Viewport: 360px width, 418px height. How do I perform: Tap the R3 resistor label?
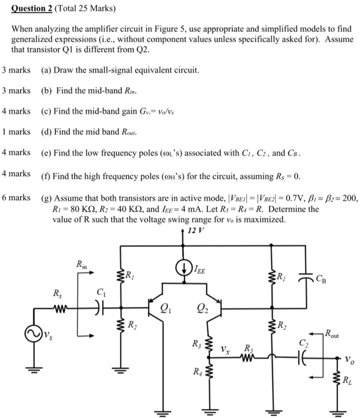pyautogui.click(x=197, y=344)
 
